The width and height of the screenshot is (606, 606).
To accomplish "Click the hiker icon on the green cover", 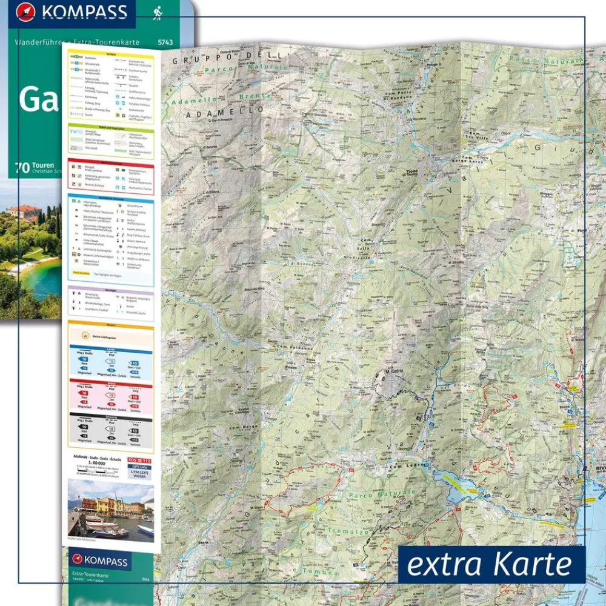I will click(157, 13).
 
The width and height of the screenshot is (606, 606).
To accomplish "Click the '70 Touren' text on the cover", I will click(36, 165).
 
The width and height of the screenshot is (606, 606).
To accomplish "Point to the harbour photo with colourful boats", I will click(111, 510).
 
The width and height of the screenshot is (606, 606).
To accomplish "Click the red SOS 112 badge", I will click(139, 461).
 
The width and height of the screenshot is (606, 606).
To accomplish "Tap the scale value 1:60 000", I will click(85, 465).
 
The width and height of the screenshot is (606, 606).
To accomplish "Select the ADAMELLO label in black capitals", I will click(225, 112).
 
